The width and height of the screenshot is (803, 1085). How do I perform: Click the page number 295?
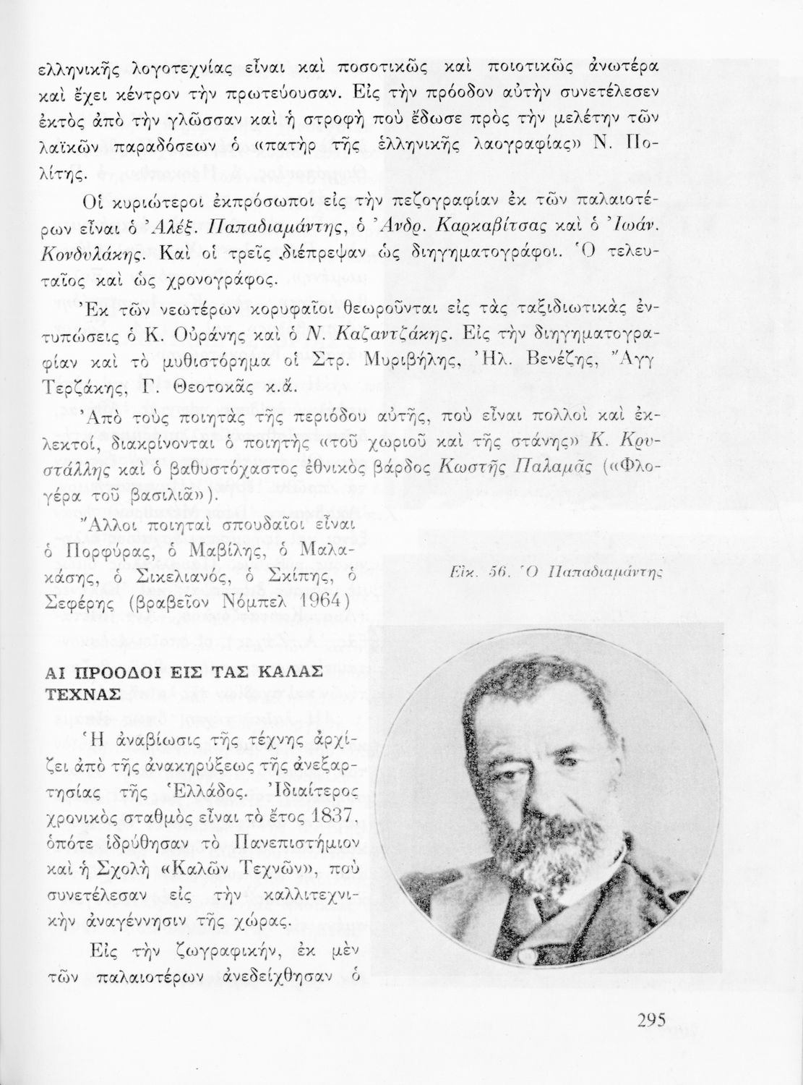[x=650, y=1021]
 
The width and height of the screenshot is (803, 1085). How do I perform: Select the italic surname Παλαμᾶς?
[x=544, y=467]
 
